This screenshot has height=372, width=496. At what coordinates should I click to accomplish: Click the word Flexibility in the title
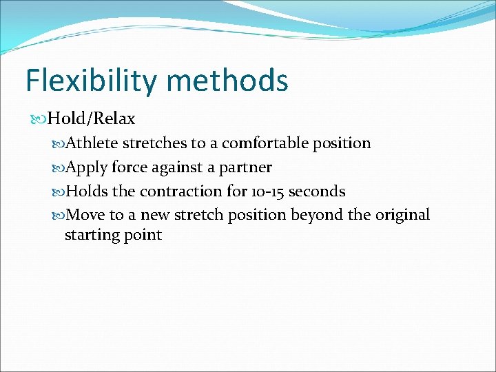[x=90, y=81]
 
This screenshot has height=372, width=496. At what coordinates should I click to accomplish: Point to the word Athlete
[x=92, y=143]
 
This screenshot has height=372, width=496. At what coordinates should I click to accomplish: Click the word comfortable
[x=266, y=143]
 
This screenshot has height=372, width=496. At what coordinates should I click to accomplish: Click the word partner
[x=245, y=167]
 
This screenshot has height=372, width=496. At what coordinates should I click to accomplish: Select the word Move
[x=87, y=214]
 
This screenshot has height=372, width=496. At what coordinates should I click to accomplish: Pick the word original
[x=402, y=214]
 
